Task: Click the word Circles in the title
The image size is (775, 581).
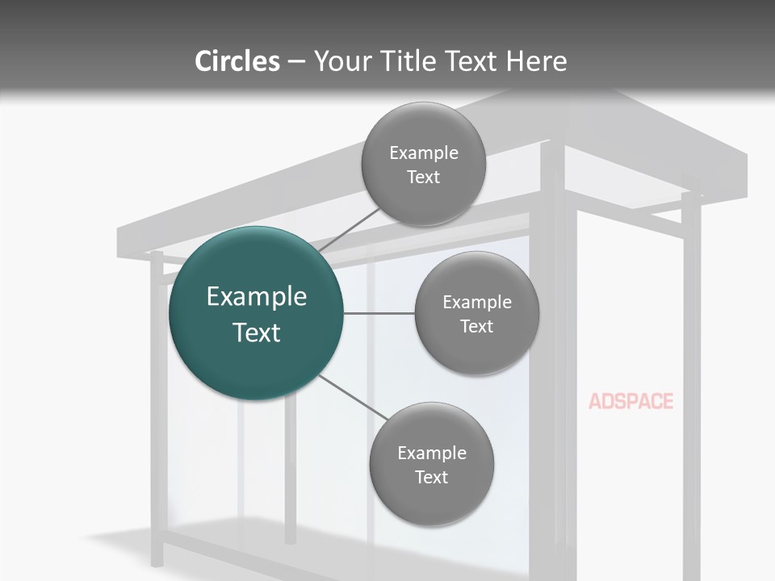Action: coord(237,61)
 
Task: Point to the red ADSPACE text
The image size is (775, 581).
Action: coord(630,401)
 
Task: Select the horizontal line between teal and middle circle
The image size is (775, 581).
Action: coord(379,313)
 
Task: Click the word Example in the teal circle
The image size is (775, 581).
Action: coord(257,297)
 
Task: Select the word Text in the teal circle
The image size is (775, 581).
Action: coord(257,332)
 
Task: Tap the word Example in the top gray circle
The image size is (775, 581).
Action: coord(424,153)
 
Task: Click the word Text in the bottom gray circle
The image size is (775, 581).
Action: coord(431,477)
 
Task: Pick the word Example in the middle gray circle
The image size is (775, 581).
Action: coord(477,302)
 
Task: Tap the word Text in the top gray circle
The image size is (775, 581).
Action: coord(423,177)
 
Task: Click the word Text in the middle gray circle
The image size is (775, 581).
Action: coord(476,326)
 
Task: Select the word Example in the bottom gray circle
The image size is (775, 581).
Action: coord(432,453)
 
